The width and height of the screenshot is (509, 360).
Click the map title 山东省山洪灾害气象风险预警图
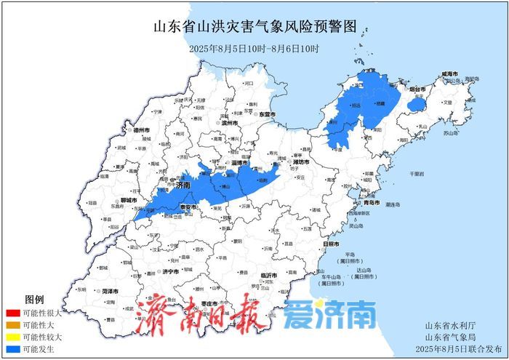pos(254,27)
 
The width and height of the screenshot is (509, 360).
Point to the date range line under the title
pos(254,49)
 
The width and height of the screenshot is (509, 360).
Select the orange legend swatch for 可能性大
pos(11,325)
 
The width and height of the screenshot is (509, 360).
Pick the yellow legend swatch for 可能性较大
pos(11,337)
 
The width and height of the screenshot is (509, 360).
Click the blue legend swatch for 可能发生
pos(11,350)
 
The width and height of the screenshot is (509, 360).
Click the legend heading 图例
pos(35,300)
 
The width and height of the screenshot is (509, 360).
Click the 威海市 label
pos(449,74)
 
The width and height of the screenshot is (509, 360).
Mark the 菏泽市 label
pos(111,290)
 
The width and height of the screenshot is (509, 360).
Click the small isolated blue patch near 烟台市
pos(415,105)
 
